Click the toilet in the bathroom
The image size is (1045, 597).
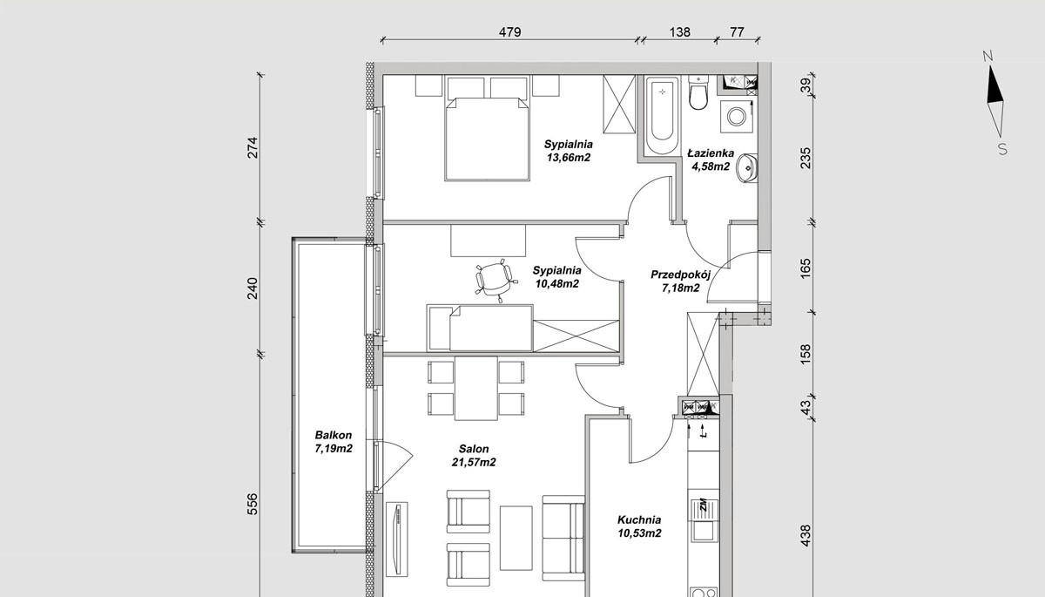click(x=698, y=92)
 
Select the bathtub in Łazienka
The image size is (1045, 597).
click(x=662, y=115)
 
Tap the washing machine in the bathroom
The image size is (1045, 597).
click(x=737, y=116)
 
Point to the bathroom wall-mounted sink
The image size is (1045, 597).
click(x=746, y=168)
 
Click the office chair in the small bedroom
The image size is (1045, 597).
click(x=494, y=280)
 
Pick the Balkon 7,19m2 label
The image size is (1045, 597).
click(x=334, y=442)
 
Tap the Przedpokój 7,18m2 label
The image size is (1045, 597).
click(x=681, y=281)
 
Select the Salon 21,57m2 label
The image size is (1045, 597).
click(x=474, y=455)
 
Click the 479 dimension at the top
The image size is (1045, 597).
click(x=510, y=32)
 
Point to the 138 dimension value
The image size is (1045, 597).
click(x=680, y=32)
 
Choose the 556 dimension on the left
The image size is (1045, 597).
click(x=252, y=504)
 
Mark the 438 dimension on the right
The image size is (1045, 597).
click(x=806, y=536)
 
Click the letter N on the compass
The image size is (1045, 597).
click(x=988, y=57)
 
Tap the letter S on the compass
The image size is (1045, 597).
click(x=1002, y=149)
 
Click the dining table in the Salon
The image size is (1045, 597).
click(x=475, y=389)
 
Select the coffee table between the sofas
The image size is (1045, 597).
click(x=516, y=539)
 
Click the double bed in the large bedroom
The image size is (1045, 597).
click(x=487, y=139)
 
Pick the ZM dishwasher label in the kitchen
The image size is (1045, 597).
click(x=703, y=505)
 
